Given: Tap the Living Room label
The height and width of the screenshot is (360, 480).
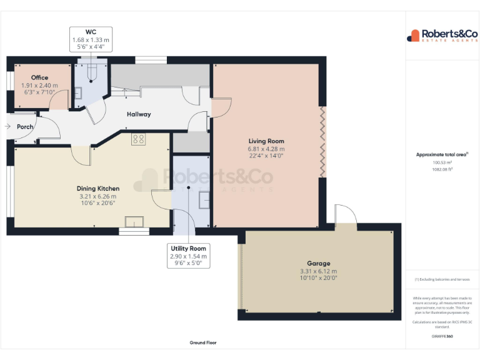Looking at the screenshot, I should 266,141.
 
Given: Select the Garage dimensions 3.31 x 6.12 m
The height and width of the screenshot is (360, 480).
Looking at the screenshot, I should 318,271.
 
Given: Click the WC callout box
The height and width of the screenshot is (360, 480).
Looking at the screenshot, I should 90,39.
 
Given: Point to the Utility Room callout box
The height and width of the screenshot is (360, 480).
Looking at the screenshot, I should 188,256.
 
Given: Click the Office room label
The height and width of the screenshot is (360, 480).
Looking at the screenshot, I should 39,78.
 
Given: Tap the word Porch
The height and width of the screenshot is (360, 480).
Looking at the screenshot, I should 25,127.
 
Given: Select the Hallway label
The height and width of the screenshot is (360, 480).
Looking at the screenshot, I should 139,114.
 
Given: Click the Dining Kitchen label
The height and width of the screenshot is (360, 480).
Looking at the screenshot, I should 97,189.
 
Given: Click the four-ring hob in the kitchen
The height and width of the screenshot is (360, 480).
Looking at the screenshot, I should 139,140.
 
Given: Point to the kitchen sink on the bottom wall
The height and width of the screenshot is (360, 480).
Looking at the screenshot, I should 134,221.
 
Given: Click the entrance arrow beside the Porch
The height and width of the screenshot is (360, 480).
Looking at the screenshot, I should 7,127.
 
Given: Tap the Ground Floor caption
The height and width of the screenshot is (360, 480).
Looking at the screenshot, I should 202,342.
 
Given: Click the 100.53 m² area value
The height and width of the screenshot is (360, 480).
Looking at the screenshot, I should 441,162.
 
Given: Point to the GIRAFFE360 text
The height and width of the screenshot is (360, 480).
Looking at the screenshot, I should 442,336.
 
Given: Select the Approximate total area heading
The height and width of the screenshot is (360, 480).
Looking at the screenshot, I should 441,154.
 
